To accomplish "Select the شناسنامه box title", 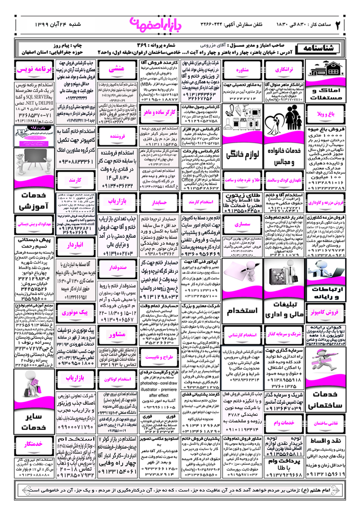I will click(318, 48).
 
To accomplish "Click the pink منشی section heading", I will click(117, 69).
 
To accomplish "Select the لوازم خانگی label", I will click(242, 154).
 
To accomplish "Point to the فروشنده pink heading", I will click(117, 136).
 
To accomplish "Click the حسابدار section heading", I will click(159, 202).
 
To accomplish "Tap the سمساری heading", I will click(242, 224).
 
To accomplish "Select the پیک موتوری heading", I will click(75, 312).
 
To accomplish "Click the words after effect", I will click(159, 395).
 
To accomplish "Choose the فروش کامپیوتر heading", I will click(324, 312).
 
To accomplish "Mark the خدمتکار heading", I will click(34, 444).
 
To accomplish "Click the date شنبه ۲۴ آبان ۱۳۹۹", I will click(58, 25).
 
